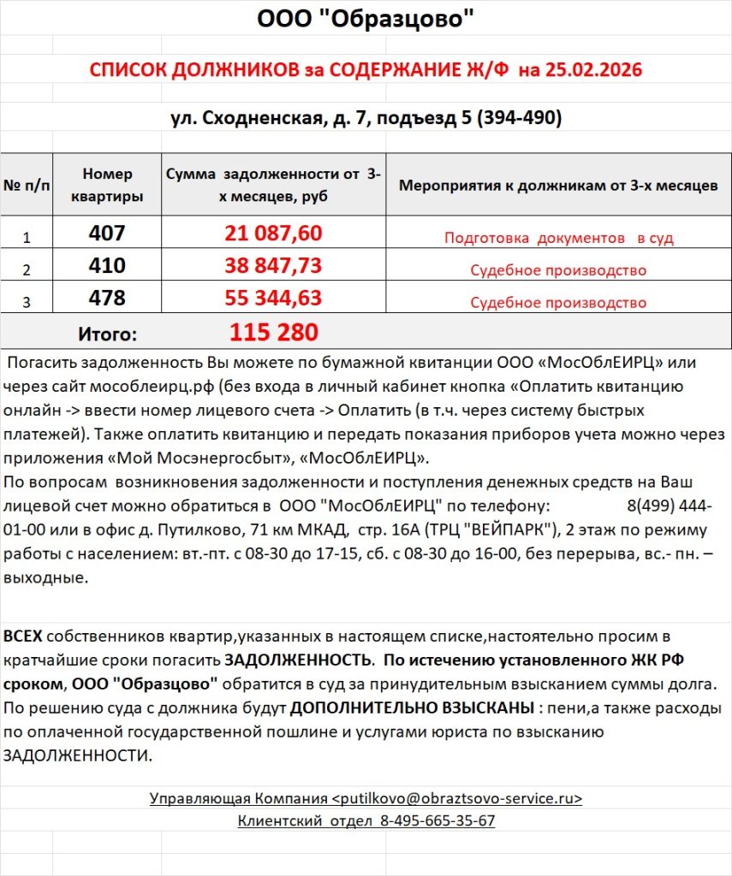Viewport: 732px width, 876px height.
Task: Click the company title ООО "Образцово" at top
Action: pyautogui.click(x=366, y=19)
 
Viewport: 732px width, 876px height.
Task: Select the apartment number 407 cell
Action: pyautogui.click(x=107, y=234)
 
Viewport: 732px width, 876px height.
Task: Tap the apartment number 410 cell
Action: pyautogui.click(x=107, y=266)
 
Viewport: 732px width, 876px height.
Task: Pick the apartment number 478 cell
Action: pyautogui.click(x=107, y=299)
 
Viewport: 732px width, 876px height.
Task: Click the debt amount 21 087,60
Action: pyautogui.click(x=273, y=234)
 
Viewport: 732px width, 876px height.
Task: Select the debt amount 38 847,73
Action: pyautogui.click(x=273, y=266)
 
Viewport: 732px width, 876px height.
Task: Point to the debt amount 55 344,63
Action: pyautogui.click(x=273, y=299)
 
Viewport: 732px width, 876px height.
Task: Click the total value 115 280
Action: pyautogui.click(x=273, y=332)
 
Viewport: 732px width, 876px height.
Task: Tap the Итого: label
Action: pyautogui.click(x=107, y=333)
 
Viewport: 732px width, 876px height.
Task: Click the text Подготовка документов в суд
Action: pyautogui.click(x=558, y=238)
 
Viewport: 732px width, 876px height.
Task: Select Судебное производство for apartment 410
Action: pyautogui.click(x=558, y=270)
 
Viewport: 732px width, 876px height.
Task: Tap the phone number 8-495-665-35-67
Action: pyautogui.click(x=437, y=820)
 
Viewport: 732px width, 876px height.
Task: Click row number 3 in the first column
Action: pyautogui.click(x=26, y=301)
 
